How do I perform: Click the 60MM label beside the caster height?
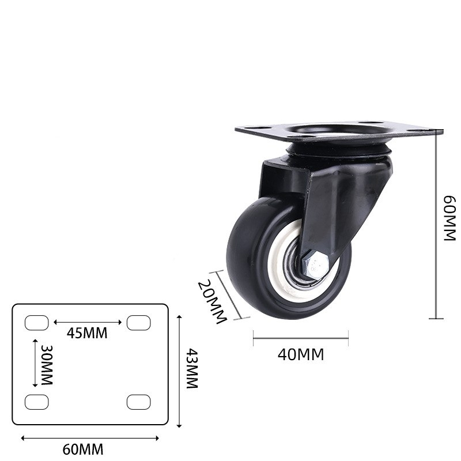[449, 218]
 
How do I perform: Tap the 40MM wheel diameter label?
[301, 354]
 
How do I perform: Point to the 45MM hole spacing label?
[87, 333]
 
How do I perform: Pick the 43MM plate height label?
[192, 368]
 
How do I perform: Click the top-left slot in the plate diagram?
[36, 323]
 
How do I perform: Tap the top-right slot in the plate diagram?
[138, 323]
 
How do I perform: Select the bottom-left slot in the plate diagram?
[36, 402]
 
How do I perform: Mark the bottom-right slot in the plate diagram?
[138, 402]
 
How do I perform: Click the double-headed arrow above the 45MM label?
[88, 323]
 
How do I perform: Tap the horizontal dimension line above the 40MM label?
[301, 338]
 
